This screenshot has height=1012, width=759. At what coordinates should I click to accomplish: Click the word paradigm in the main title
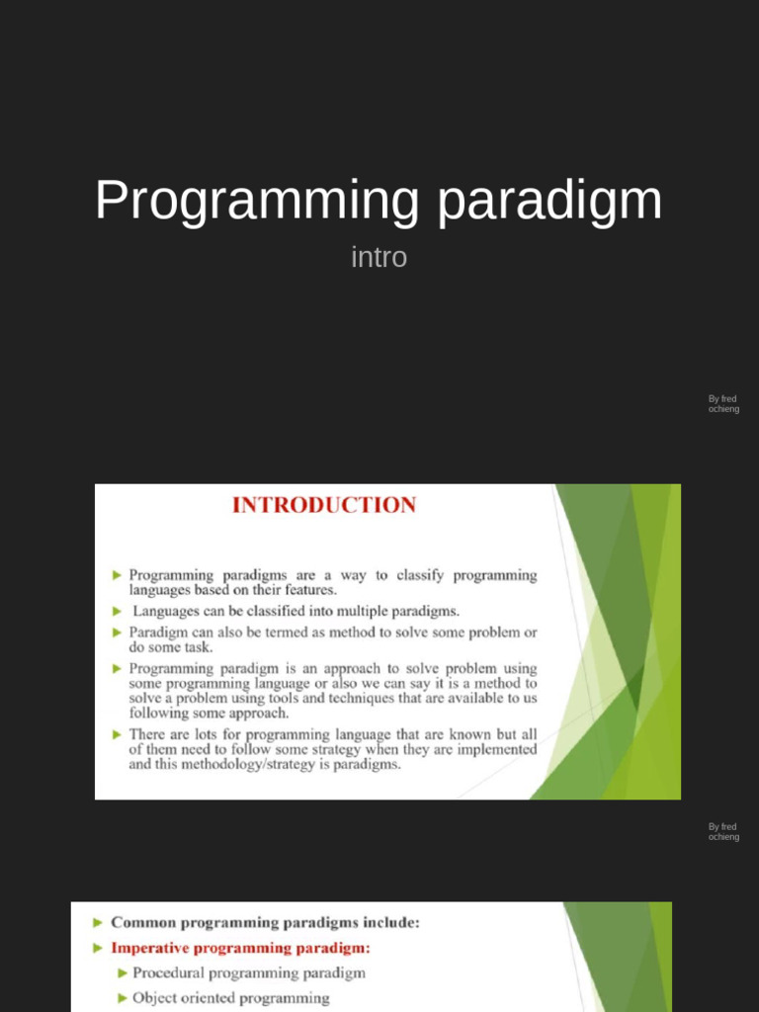click(x=549, y=202)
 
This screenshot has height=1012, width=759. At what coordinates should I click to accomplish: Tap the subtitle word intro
click(x=379, y=258)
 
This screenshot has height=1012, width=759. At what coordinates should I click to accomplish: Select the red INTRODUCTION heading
click(x=324, y=505)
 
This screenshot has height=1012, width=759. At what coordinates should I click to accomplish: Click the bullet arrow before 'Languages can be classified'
click(x=118, y=611)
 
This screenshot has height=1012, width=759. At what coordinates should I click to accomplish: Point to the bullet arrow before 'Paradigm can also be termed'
click(x=118, y=632)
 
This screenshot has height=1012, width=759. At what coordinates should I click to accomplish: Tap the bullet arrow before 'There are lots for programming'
click(x=118, y=734)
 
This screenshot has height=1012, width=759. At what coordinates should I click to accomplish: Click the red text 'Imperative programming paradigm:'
click(x=240, y=948)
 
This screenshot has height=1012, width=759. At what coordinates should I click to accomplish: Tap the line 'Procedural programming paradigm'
click(x=249, y=972)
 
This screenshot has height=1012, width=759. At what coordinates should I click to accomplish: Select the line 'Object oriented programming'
click(x=231, y=998)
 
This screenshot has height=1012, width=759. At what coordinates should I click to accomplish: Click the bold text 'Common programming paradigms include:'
click(x=265, y=922)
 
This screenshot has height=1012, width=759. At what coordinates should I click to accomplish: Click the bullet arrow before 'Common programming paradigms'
click(x=97, y=922)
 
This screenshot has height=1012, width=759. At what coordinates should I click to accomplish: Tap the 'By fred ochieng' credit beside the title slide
click(x=723, y=404)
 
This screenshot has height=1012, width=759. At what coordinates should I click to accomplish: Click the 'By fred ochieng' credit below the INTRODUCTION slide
click(x=723, y=832)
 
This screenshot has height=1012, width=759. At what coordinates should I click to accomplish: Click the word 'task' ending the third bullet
click(x=198, y=647)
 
